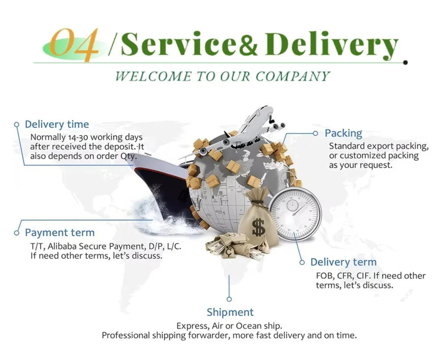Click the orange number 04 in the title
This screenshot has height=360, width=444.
(74, 45)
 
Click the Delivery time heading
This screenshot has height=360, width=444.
(57, 124)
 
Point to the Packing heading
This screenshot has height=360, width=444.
(343, 133)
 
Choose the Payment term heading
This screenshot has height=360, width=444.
(59, 233)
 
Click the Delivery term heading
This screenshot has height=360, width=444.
(343, 262)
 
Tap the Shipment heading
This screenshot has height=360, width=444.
(230, 312)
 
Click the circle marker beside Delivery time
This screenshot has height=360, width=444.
(17, 125)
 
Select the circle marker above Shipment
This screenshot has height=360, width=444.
(229, 299)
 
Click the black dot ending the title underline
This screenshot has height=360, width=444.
(405, 63)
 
